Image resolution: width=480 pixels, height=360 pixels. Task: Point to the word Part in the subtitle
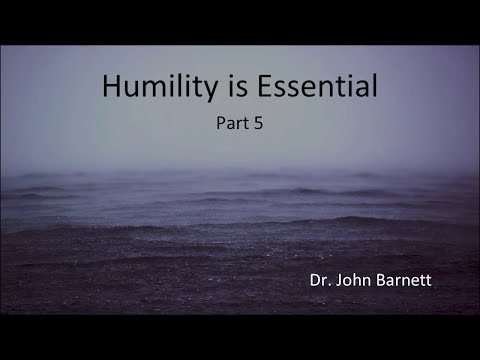click(x=232, y=127)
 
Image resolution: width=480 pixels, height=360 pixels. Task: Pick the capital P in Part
click(x=220, y=127)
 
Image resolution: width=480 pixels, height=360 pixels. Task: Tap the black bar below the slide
click(x=240, y=337)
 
